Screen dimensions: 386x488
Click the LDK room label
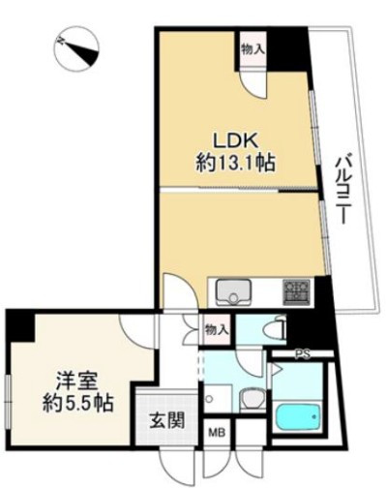tap(235, 141)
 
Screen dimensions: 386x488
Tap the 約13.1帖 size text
tap(236, 163)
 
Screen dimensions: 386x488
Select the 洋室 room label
tap(76, 381)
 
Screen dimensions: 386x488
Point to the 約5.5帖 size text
tap(78, 403)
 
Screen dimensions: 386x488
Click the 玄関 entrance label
tap(167, 420)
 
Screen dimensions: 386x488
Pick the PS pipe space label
tap(303, 354)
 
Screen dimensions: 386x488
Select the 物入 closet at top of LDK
tap(253, 49)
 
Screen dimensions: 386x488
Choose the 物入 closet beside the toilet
tap(217, 330)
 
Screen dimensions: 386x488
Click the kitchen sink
tap(234, 291)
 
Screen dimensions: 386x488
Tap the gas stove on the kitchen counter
tap(296, 292)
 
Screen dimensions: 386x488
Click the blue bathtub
tap(299, 417)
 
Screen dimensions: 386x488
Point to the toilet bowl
tap(274, 330)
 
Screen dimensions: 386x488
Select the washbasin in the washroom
tap(252, 399)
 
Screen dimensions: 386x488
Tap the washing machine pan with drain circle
tap(218, 398)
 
